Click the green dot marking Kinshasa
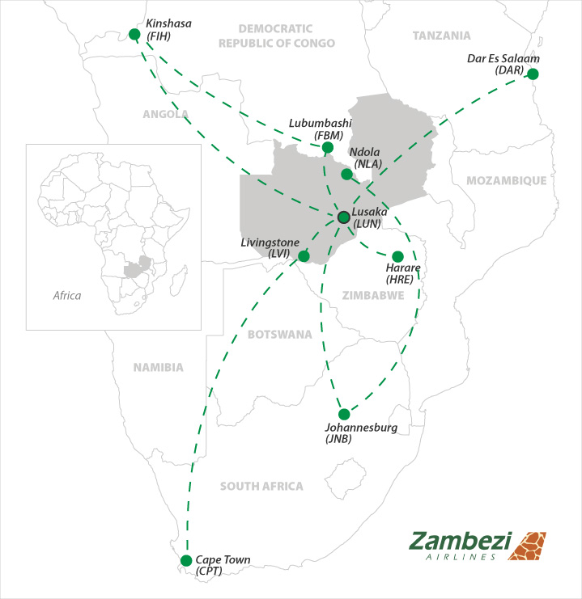point(134,34)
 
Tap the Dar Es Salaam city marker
point(532,74)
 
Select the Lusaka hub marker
point(343,217)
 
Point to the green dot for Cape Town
point(185,560)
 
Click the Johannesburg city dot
point(344,414)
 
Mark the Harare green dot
point(397,256)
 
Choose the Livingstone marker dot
point(304,256)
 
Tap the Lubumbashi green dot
point(327,148)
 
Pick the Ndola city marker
point(346,174)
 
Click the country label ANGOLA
point(165,114)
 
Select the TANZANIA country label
point(441,36)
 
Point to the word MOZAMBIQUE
point(507,180)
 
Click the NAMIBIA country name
point(159,367)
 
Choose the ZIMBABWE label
point(373,296)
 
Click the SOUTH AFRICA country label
point(261,486)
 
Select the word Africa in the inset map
point(67,296)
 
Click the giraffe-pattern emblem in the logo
point(531,546)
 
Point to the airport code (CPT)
point(209,571)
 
